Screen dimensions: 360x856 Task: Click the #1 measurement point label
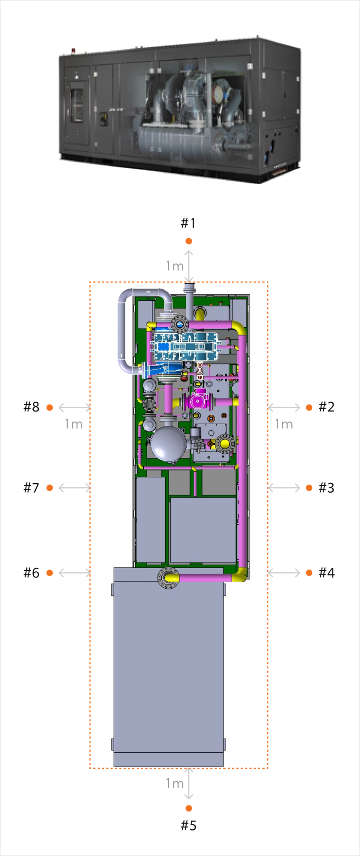tap(188, 223)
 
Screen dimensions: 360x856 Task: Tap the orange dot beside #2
tap(309, 408)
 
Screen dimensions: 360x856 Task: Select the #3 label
tap(327, 488)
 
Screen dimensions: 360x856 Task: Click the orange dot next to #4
tap(309, 573)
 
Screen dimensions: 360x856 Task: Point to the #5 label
tap(188, 826)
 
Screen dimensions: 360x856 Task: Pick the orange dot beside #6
tap(49, 573)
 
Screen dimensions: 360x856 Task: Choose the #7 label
tap(31, 488)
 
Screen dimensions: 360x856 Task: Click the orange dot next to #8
tap(49, 408)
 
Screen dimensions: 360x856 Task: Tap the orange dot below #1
tap(189, 241)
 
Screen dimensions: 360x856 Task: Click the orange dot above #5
tap(189, 808)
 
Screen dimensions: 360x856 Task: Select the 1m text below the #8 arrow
tap(74, 424)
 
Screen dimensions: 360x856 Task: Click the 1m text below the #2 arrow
tap(284, 424)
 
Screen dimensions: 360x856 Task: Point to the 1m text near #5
tap(175, 784)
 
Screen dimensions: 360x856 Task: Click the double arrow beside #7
tap(75, 488)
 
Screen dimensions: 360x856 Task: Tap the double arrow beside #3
tap(284, 488)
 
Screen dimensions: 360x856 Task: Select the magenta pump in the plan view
tap(198, 401)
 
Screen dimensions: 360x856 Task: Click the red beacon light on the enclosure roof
tap(74, 50)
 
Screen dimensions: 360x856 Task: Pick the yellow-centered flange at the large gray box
tap(168, 578)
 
